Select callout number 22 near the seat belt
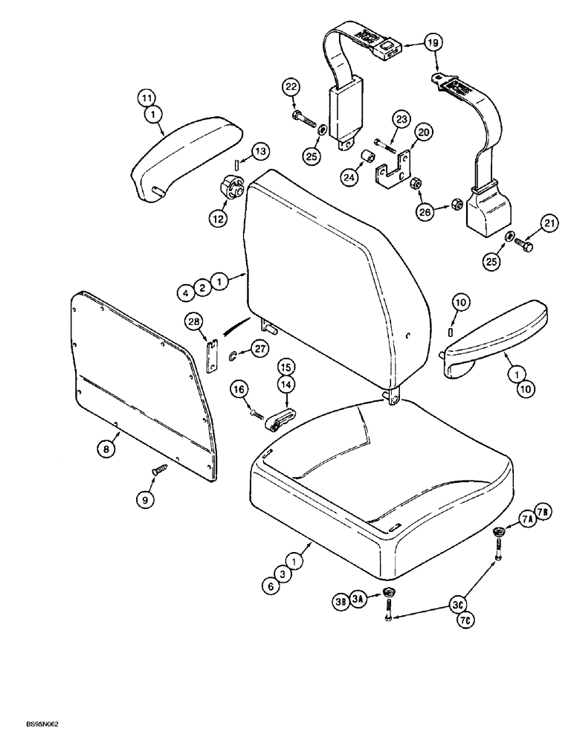tap(291, 88)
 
